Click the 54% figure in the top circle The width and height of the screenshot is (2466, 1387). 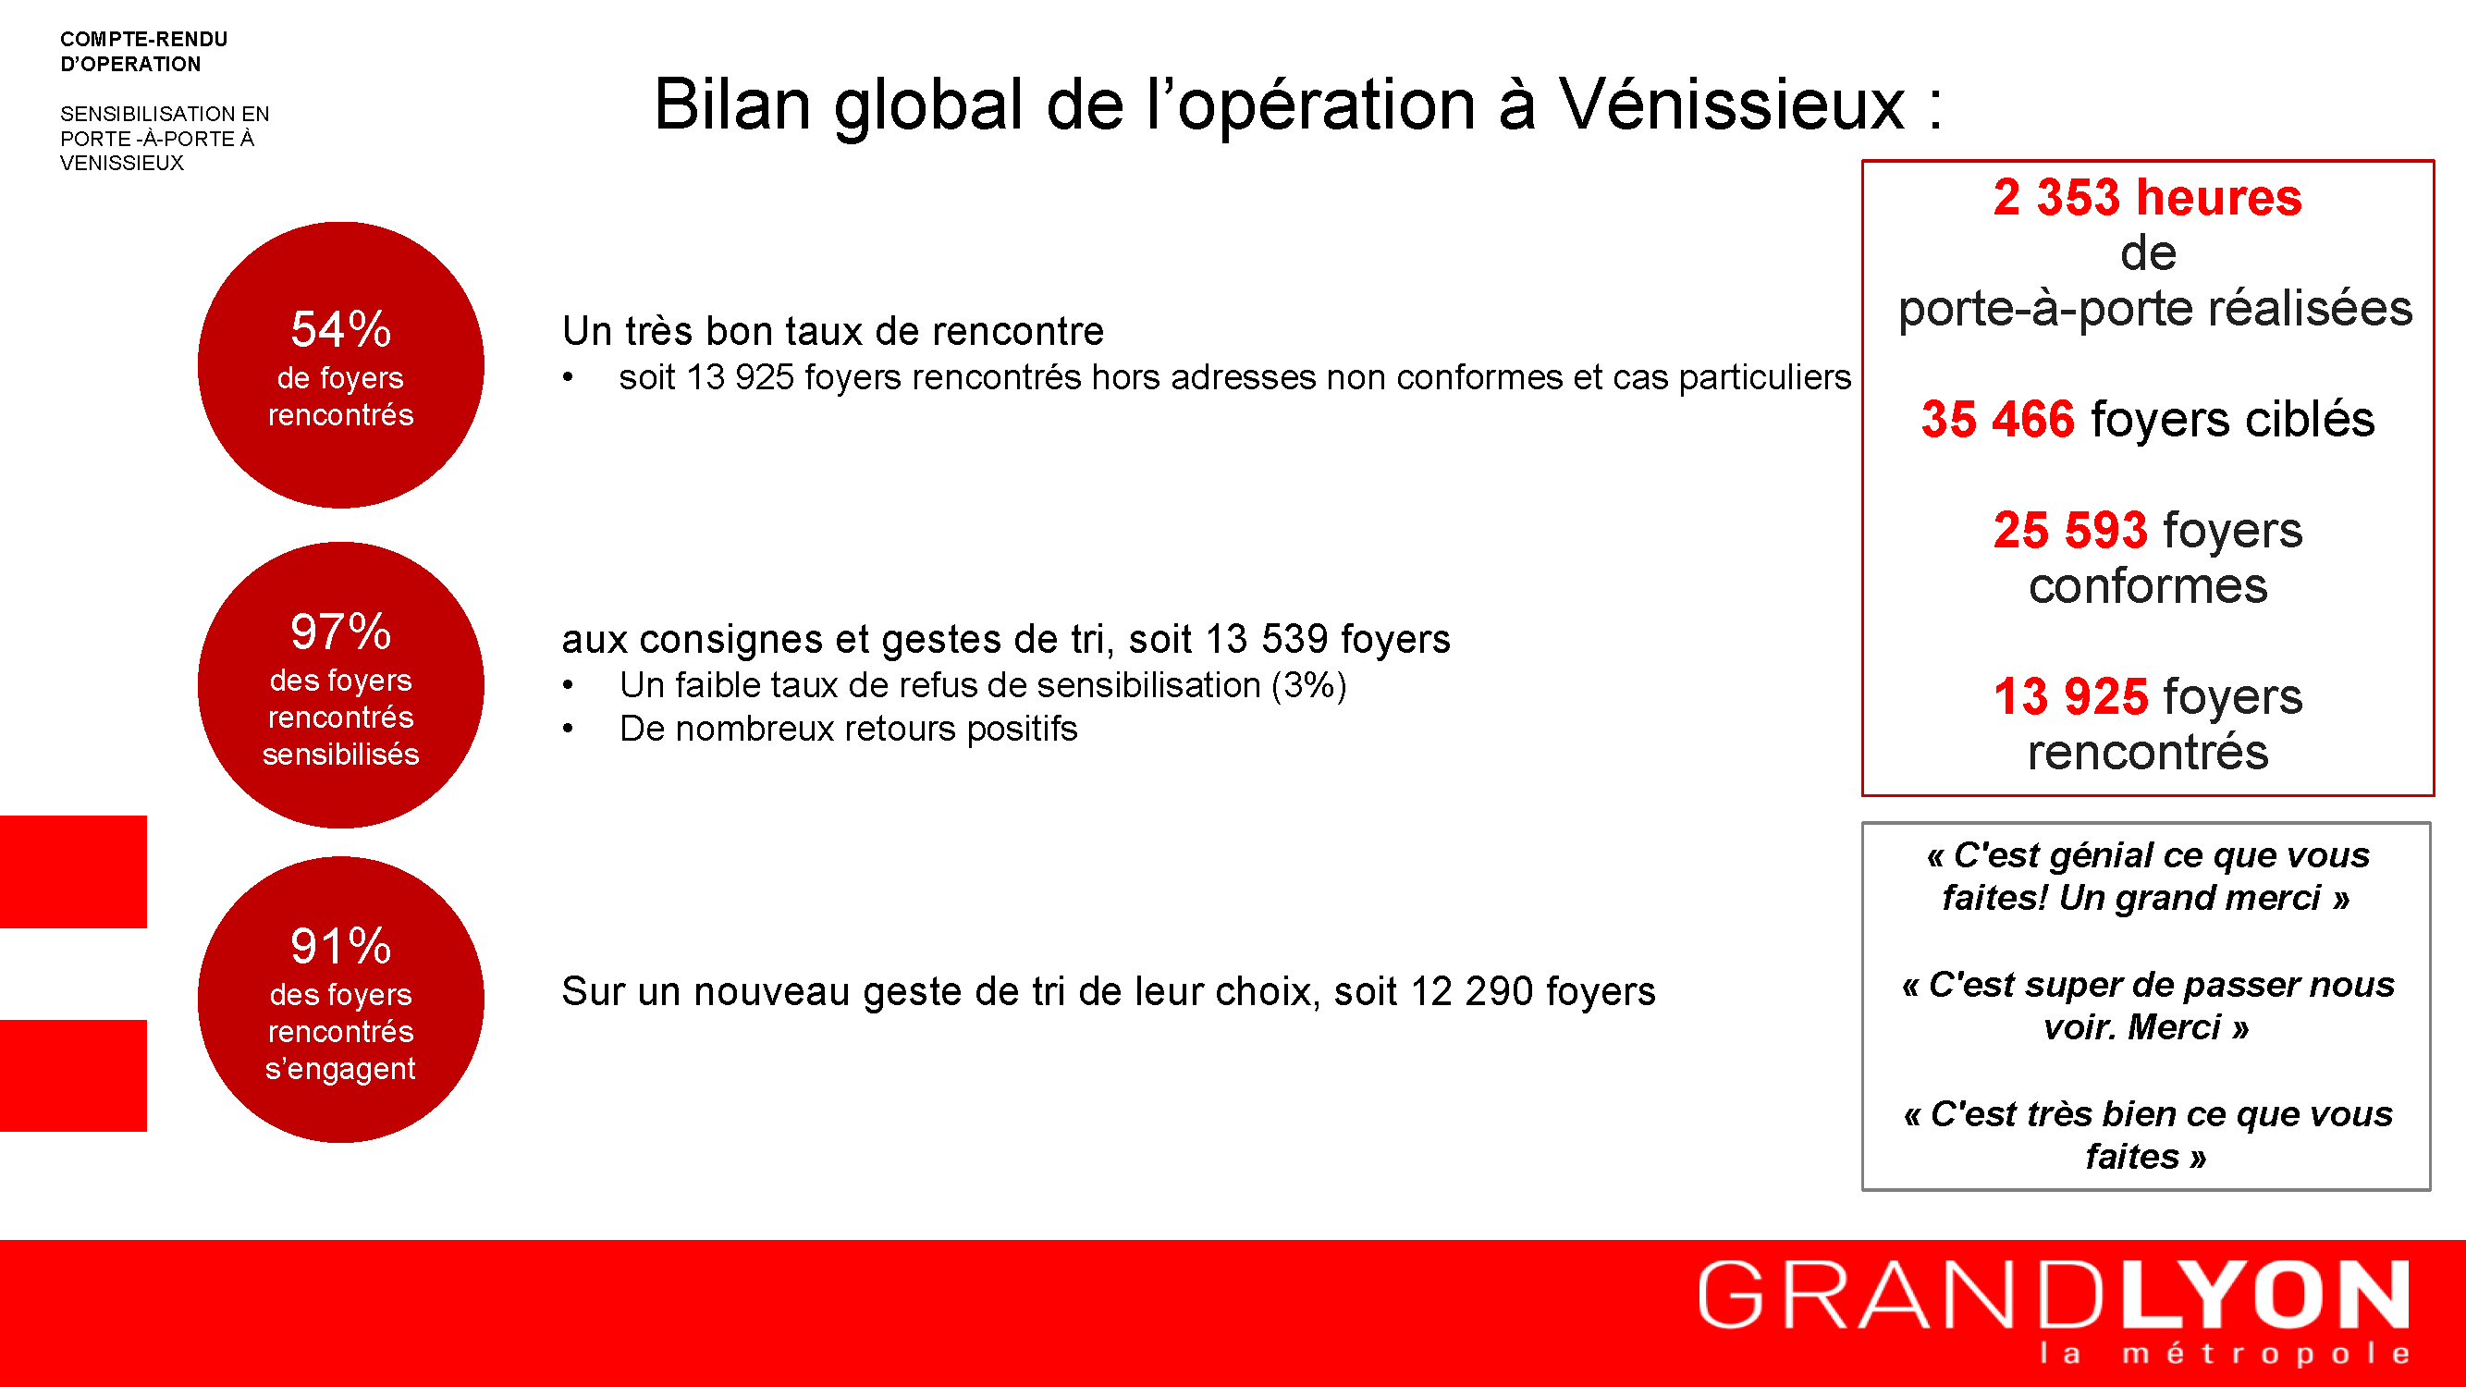pos(341,329)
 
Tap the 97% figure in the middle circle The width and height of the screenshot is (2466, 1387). pos(341,632)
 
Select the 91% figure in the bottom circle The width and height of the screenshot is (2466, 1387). pos(341,947)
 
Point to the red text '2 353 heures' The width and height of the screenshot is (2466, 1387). pos(2147,197)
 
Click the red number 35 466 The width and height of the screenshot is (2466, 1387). pos(1998,419)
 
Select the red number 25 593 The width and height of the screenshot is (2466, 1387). pos(2070,530)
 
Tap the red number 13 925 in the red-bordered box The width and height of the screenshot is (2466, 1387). pos(2070,697)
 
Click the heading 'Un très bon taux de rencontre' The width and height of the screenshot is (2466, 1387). pos(833,331)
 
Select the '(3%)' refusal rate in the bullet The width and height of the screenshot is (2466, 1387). pos(1308,685)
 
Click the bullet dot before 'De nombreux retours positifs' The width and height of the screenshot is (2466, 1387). pos(568,730)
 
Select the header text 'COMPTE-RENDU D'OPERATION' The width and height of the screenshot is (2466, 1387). pos(143,52)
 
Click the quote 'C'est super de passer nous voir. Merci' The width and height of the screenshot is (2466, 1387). pos(2147,1006)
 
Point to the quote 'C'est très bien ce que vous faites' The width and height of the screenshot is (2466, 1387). pos(2147,1135)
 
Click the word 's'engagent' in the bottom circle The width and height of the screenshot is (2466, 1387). pos(341,1069)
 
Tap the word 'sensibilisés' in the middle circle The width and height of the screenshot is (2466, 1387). pos(341,755)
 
